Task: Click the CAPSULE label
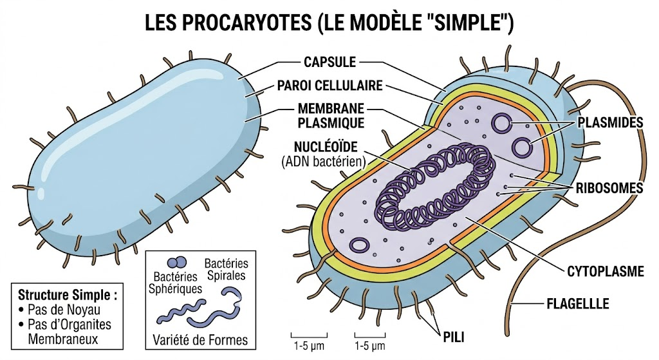tap(329, 62)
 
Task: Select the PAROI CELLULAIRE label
tap(331, 85)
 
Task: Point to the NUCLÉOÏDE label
tap(320, 146)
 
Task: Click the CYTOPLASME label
tap(606, 271)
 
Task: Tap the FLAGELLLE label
tap(577, 302)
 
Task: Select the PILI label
tap(454, 336)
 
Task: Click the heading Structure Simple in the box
tap(68, 296)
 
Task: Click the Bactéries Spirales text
tap(226, 270)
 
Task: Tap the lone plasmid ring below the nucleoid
tap(360, 245)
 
